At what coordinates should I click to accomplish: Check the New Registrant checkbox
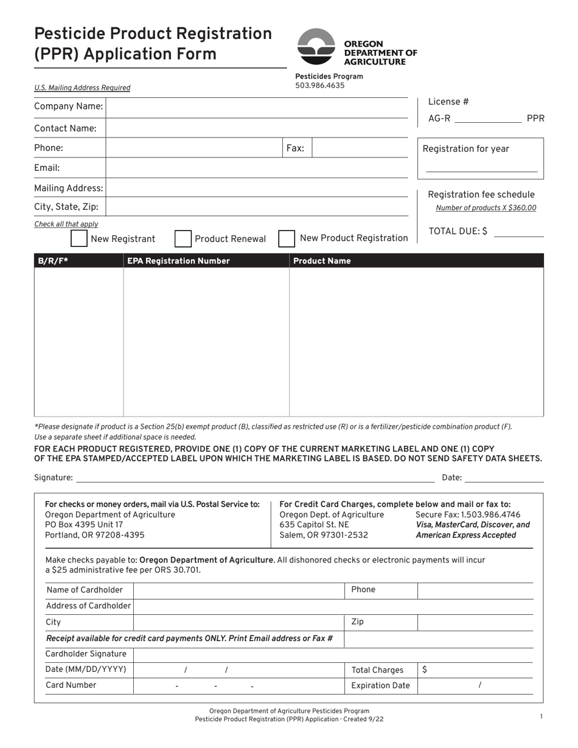pos(78,238)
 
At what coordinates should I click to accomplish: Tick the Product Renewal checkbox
pos(183,238)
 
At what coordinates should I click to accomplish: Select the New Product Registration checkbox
pos(287,238)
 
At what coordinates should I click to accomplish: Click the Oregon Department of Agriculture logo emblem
pos(316,47)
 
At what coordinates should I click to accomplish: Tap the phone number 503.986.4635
pos(319,86)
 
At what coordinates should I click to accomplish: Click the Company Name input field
pos(256,107)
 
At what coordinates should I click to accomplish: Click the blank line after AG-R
pos(487,119)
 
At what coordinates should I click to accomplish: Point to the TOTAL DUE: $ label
pos(458,231)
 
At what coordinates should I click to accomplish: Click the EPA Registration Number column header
pos(178,261)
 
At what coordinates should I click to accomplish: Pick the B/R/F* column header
pos(53,261)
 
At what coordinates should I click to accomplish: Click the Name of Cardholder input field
pos(239,590)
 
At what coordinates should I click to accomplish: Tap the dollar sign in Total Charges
pos(424,670)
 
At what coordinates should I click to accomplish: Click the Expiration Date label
pos(381,685)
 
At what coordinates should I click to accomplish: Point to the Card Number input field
pos(239,685)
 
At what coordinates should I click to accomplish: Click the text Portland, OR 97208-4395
pos(95,535)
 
